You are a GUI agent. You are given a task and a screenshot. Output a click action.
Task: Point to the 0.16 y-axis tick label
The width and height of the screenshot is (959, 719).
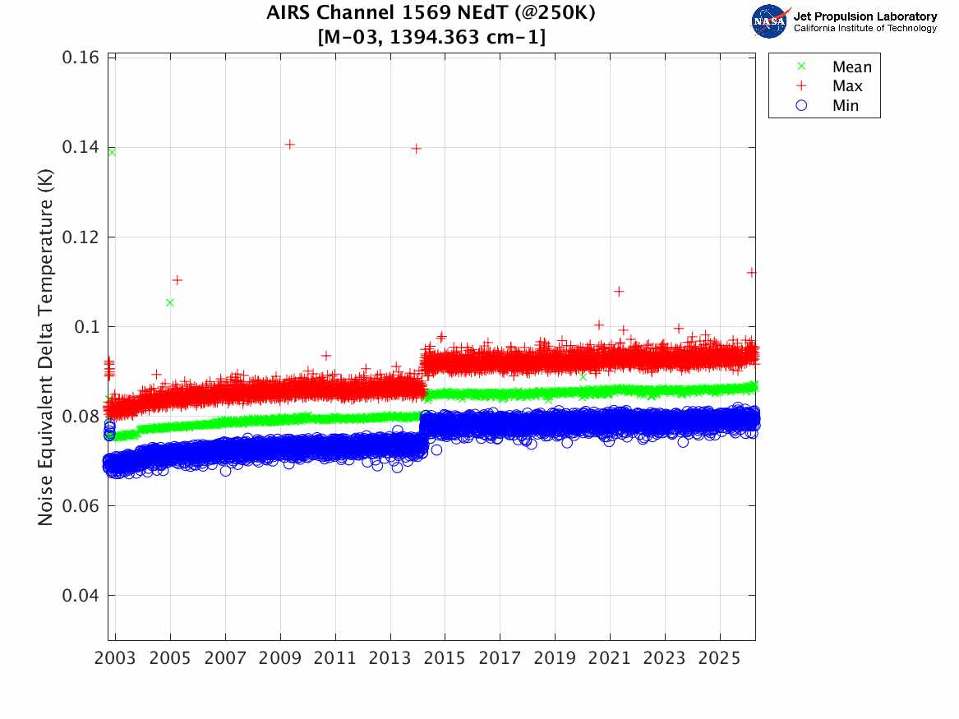[x=81, y=58]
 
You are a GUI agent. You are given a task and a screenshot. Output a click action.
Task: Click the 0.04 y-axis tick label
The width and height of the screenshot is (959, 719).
[x=81, y=596]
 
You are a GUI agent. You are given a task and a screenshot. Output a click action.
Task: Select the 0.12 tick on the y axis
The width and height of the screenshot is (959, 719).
[x=81, y=237]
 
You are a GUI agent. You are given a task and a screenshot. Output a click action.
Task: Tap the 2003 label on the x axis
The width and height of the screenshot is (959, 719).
[x=115, y=658]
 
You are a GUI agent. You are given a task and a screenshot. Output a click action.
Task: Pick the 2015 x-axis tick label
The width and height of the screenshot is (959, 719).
[x=445, y=658]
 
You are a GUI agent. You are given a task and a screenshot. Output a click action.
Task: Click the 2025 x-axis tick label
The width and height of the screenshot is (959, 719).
[x=719, y=658]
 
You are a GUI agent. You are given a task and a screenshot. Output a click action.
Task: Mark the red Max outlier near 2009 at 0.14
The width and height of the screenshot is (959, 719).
[x=290, y=145]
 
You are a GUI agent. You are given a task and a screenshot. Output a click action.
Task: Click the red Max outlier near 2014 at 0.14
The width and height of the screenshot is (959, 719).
[x=417, y=149]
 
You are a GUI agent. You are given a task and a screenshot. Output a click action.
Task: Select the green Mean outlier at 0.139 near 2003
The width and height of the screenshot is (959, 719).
[x=112, y=152]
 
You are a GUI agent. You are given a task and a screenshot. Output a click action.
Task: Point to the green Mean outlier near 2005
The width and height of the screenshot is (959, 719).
[x=170, y=302]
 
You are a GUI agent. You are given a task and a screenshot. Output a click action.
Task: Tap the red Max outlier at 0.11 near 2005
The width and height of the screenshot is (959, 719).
[x=178, y=280]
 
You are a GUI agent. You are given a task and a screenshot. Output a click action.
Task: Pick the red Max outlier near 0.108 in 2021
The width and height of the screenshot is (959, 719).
[x=619, y=292]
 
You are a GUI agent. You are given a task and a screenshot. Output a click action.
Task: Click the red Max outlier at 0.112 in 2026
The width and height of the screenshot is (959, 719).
[x=752, y=273]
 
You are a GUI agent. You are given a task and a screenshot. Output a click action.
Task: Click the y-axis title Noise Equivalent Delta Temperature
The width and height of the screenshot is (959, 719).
[x=45, y=348]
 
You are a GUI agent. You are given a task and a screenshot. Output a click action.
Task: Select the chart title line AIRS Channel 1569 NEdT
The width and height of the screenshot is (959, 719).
[x=431, y=12]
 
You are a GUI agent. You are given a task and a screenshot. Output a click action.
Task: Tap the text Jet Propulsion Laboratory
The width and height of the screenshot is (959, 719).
[x=865, y=16]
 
